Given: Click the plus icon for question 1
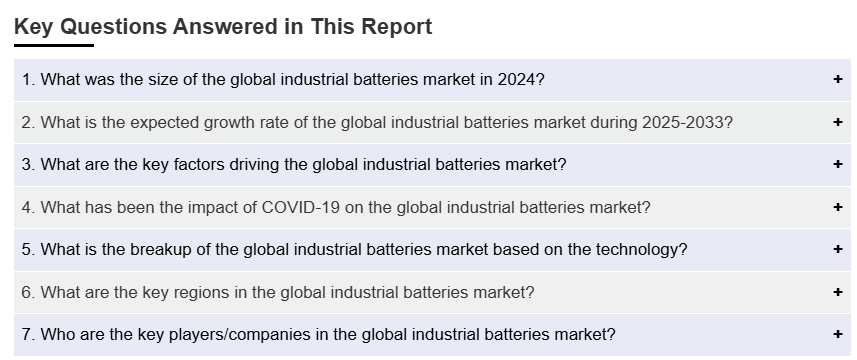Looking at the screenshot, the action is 838,79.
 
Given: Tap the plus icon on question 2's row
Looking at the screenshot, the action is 838,122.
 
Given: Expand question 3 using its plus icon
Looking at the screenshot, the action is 838,164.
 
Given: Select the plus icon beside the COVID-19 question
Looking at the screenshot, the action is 838,207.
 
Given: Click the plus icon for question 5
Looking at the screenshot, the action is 838,249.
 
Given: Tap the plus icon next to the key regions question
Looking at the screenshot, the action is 838,292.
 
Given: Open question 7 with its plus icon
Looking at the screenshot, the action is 838,334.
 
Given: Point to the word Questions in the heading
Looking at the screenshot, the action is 113,27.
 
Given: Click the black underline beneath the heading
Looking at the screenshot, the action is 54,45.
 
